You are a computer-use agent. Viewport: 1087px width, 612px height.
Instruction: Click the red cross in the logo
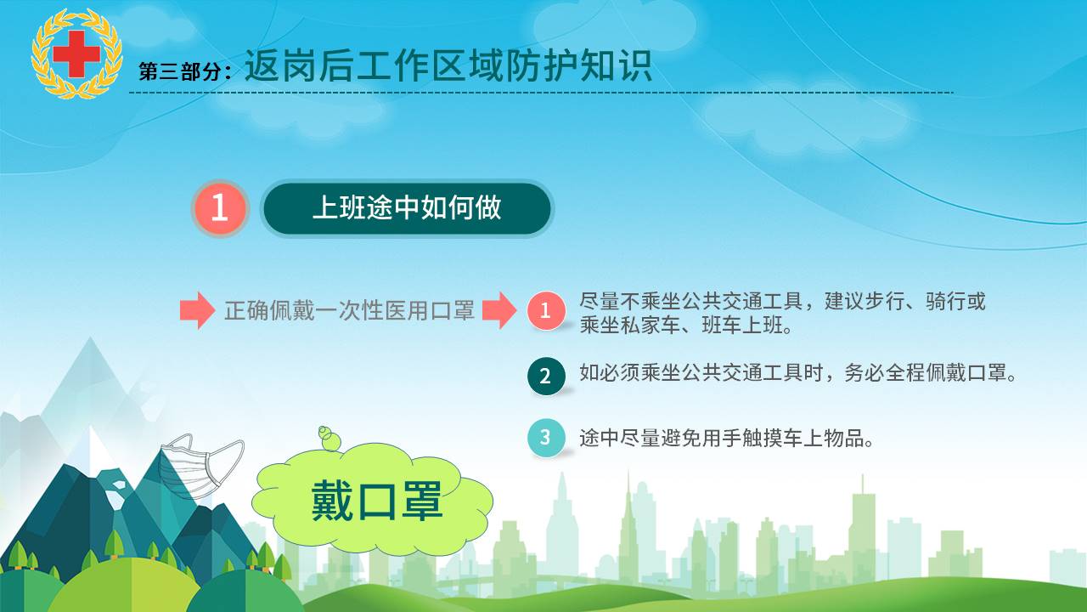point(76,54)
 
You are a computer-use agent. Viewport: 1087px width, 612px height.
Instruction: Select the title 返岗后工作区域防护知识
point(448,65)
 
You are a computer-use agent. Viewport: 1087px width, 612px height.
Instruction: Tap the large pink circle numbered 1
point(220,208)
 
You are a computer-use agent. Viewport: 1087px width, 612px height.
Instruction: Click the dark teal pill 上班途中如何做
point(407,208)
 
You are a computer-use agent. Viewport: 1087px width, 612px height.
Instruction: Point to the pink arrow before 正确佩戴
point(198,310)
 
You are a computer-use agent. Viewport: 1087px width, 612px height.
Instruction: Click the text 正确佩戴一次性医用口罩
point(349,311)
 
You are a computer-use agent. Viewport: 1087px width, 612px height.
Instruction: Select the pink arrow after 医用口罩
point(500,310)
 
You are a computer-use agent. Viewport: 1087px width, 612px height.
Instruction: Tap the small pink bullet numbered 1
point(546,311)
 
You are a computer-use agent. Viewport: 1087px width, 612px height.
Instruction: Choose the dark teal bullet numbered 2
point(546,376)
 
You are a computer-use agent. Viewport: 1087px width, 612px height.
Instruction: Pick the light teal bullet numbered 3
point(546,438)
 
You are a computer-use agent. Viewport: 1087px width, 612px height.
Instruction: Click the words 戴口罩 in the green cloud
point(377,501)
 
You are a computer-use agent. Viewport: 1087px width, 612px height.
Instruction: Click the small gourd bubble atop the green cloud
point(329,438)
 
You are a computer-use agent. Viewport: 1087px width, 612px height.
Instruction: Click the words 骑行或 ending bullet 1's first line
point(955,302)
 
